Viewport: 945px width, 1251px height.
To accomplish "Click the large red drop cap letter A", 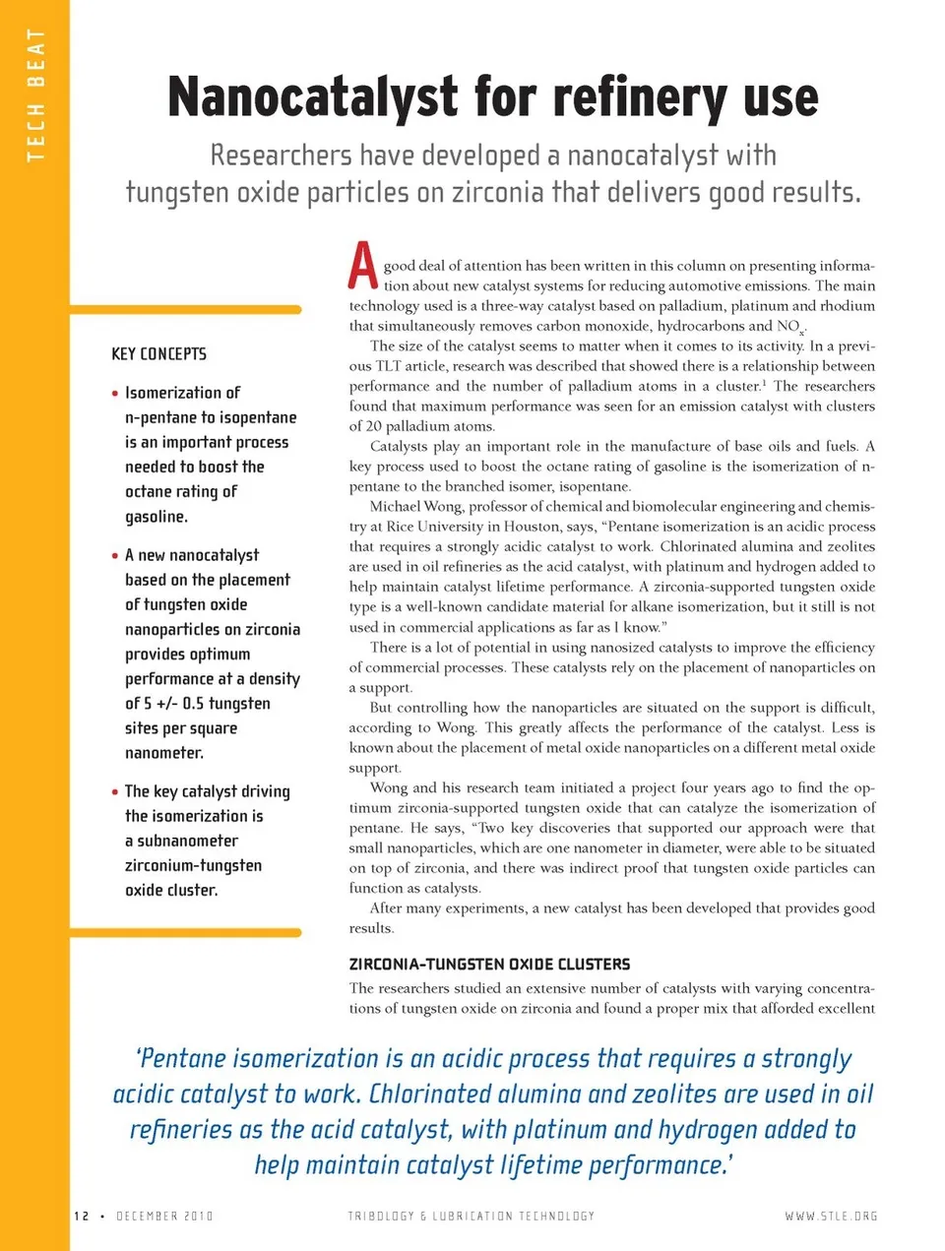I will click(x=363, y=266).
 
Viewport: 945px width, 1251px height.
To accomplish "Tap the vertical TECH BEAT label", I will click(x=36, y=94).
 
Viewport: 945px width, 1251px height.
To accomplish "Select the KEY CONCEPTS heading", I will click(x=158, y=353).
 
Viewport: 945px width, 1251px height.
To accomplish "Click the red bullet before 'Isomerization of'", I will click(x=115, y=393).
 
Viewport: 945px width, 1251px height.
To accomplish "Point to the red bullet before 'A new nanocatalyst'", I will click(x=115, y=555).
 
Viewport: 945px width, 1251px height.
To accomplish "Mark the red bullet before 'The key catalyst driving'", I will click(x=115, y=791).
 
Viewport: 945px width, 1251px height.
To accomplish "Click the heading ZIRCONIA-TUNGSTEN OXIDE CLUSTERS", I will click(x=489, y=965).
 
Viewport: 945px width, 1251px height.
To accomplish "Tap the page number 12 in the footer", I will click(x=82, y=1217).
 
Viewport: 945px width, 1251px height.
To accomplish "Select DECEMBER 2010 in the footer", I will click(x=164, y=1217).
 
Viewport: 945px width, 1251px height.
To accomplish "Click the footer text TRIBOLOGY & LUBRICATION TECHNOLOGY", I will click(x=472, y=1217).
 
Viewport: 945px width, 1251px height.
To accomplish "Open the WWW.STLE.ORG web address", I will click(x=831, y=1217).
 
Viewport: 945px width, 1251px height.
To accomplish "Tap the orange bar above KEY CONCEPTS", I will click(x=185, y=309).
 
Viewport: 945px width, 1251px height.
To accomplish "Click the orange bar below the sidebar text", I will click(x=185, y=932).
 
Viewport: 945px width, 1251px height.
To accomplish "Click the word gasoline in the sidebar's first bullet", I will click(x=156, y=517).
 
